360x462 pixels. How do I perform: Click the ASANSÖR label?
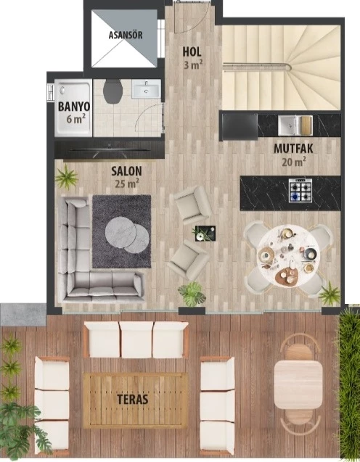126,35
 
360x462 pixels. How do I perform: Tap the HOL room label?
192,52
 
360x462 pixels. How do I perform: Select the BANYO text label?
74,107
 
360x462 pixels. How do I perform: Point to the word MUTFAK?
293,149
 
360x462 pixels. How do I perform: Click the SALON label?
126,171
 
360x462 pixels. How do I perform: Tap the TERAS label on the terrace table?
132,400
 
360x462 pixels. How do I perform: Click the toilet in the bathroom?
113,91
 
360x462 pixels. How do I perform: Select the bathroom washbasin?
146,88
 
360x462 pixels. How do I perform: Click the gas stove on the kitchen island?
300,190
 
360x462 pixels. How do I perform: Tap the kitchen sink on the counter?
295,125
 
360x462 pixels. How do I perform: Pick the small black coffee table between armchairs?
205,234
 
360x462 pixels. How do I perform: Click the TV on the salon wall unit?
110,150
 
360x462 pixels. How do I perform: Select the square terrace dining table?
298,384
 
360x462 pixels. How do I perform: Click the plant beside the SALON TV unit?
66,177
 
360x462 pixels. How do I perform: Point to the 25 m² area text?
127,183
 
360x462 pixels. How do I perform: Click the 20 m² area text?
294,162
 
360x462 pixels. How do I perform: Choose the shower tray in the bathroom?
73,107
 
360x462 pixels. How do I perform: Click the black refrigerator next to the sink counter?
240,126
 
